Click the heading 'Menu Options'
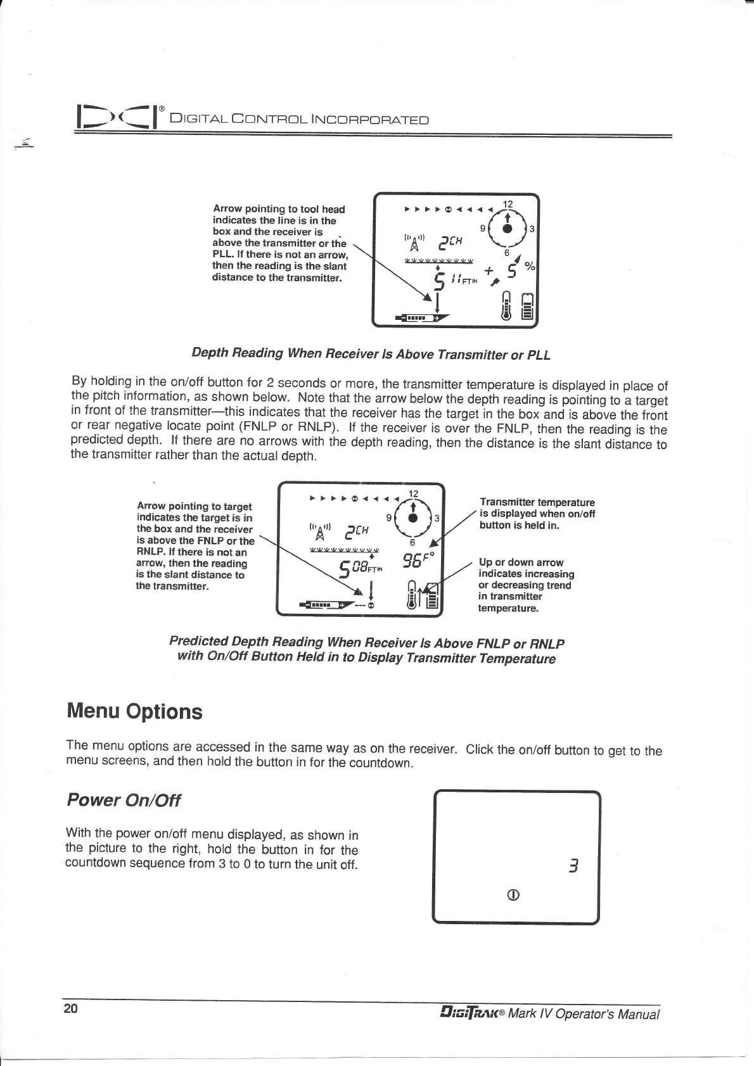pos(134,711)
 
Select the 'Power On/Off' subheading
pos(124,800)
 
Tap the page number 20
pos(70,1008)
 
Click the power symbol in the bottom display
pos(514,895)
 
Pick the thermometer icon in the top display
pos(506,307)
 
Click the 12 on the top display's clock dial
pos(508,204)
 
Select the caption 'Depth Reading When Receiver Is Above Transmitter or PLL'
pos(371,353)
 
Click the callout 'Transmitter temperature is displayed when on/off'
pos(537,514)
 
